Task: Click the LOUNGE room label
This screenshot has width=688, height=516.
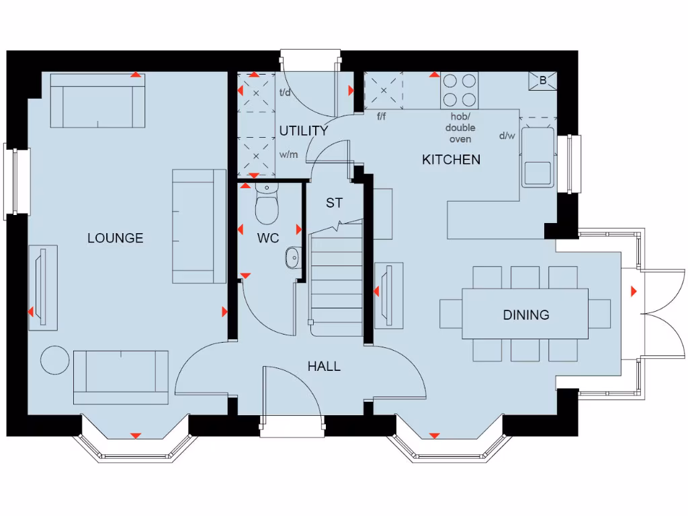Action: pyautogui.click(x=115, y=238)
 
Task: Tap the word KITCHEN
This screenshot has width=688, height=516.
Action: pyautogui.click(x=451, y=160)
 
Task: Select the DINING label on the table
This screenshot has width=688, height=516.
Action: pyautogui.click(x=525, y=314)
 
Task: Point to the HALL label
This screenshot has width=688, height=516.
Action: pyautogui.click(x=324, y=366)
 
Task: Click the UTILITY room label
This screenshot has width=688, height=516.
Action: pyautogui.click(x=303, y=131)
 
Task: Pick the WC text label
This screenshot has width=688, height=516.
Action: pyautogui.click(x=267, y=238)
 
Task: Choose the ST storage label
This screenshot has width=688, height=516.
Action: pyautogui.click(x=334, y=203)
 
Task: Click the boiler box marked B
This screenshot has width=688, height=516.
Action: pyautogui.click(x=543, y=81)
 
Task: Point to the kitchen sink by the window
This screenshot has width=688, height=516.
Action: pyautogui.click(x=538, y=159)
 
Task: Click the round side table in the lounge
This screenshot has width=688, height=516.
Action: pyautogui.click(x=55, y=359)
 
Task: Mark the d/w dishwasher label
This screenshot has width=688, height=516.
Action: pyautogui.click(x=507, y=136)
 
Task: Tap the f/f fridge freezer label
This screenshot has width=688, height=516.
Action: pyautogui.click(x=382, y=116)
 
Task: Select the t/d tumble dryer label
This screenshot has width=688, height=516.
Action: pyautogui.click(x=285, y=93)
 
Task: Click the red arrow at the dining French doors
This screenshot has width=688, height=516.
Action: pyautogui.click(x=634, y=291)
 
